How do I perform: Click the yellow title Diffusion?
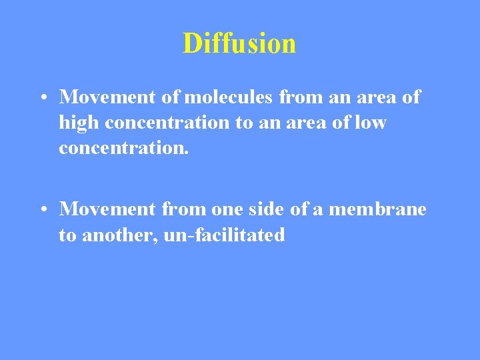tap(239, 43)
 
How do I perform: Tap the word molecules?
tap(229, 97)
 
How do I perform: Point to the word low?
tap(371, 123)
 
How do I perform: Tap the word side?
tap(267, 209)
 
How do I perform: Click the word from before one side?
tap(185, 209)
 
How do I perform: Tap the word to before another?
tap(67, 235)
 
